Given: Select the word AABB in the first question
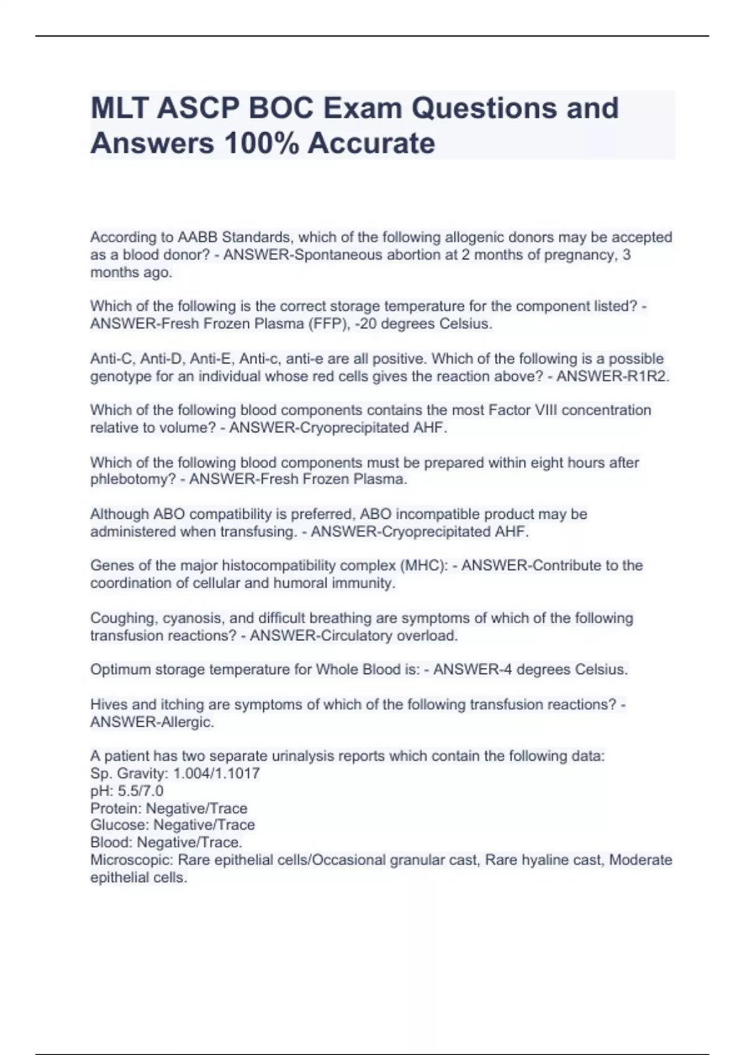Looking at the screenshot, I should pyautogui.click(x=198, y=237).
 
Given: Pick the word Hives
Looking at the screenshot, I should pyautogui.click(x=109, y=704).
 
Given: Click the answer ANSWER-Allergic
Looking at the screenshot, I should pyautogui.click(x=152, y=722).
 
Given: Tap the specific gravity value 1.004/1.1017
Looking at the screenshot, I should pyautogui.click(x=216, y=773).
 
